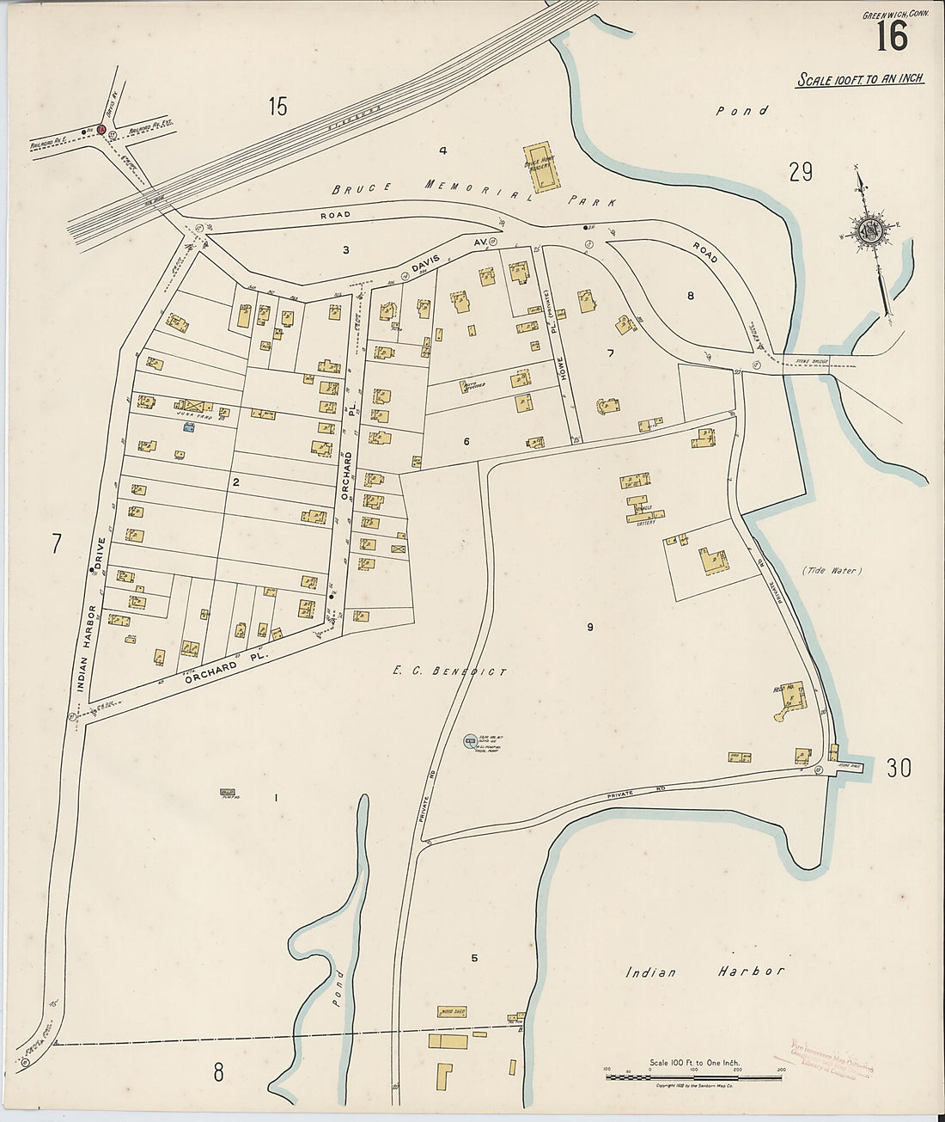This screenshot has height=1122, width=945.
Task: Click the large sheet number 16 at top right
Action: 893,37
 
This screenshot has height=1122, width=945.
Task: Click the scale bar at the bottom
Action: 693,1075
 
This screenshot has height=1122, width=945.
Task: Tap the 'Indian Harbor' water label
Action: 704,972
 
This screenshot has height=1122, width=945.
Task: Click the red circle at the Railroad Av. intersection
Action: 101,130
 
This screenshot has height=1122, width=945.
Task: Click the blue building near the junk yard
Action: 188,426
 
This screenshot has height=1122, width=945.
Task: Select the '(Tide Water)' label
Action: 832,570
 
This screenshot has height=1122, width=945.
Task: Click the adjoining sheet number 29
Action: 801,173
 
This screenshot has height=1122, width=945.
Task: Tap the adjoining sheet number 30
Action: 899,768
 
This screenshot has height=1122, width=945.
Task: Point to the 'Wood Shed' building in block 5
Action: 452,1012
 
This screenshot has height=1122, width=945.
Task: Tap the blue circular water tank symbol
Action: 470,739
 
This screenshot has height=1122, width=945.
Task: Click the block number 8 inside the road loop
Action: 690,296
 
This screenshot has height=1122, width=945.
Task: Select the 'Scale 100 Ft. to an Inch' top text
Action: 860,79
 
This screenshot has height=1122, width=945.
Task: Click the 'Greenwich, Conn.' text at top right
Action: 890,15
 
